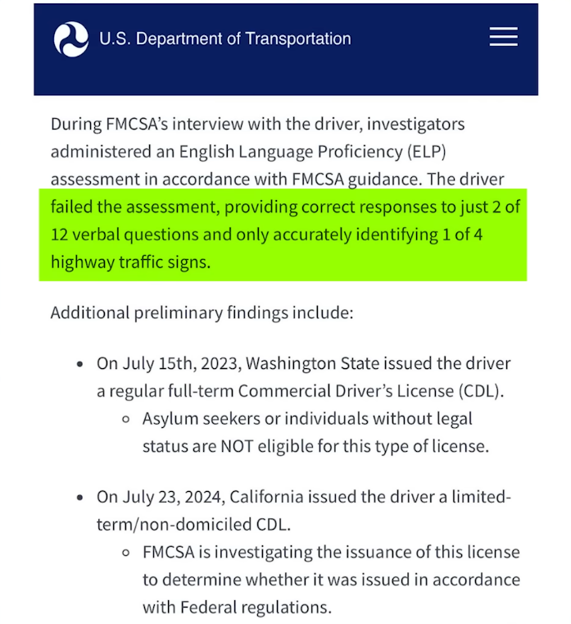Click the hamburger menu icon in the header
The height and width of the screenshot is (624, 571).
pyautogui.click(x=503, y=37)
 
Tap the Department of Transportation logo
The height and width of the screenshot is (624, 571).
pyautogui.click(x=71, y=39)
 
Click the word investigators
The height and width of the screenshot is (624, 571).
pyautogui.click(x=414, y=125)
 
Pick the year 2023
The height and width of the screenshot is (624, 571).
pyautogui.click(x=215, y=363)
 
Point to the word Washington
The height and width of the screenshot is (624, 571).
pyautogui.click(x=288, y=363)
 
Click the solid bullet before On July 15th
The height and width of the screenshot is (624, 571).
pyautogui.click(x=79, y=363)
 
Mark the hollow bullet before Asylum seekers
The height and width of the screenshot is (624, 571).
pyautogui.click(x=125, y=419)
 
